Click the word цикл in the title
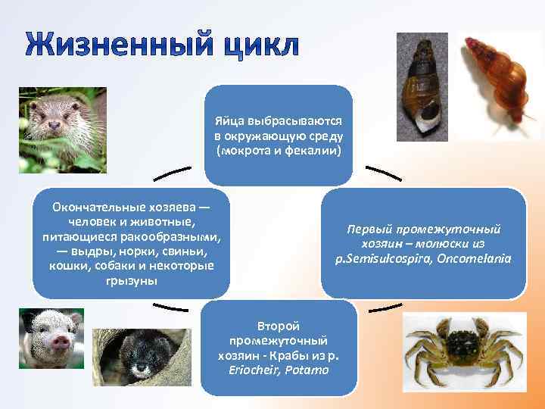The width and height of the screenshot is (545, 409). tap(257, 45)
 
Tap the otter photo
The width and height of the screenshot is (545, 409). tap(62, 130)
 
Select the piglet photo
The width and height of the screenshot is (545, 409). tap(51, 339)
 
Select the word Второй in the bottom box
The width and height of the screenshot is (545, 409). tap(279, 326)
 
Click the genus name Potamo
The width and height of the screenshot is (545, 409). tap(310, 370)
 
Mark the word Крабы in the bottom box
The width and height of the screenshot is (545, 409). tap(286, 355)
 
